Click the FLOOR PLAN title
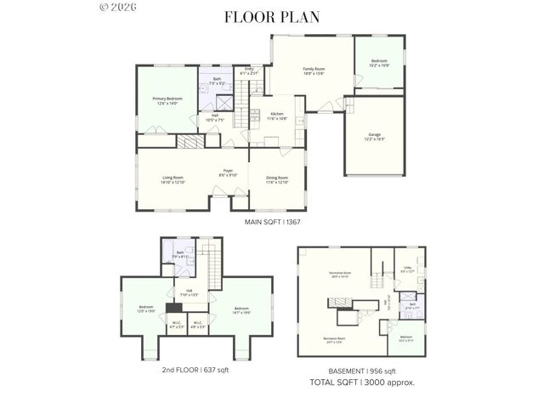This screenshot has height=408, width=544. (272, 16)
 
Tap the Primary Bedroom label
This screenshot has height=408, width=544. (167, 101)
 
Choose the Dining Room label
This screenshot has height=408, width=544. (277, 179)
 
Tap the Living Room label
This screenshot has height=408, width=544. (173, 179)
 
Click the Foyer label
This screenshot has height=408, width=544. (229, 173)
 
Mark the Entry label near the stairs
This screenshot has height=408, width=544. (249, 71)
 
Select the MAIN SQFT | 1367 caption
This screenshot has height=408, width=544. (273, 222)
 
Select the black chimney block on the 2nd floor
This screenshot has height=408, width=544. (174, 310)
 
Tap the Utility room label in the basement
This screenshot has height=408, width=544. (407, 269)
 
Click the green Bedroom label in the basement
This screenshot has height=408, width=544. (406, 338)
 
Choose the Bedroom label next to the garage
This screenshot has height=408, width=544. (379, 63)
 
